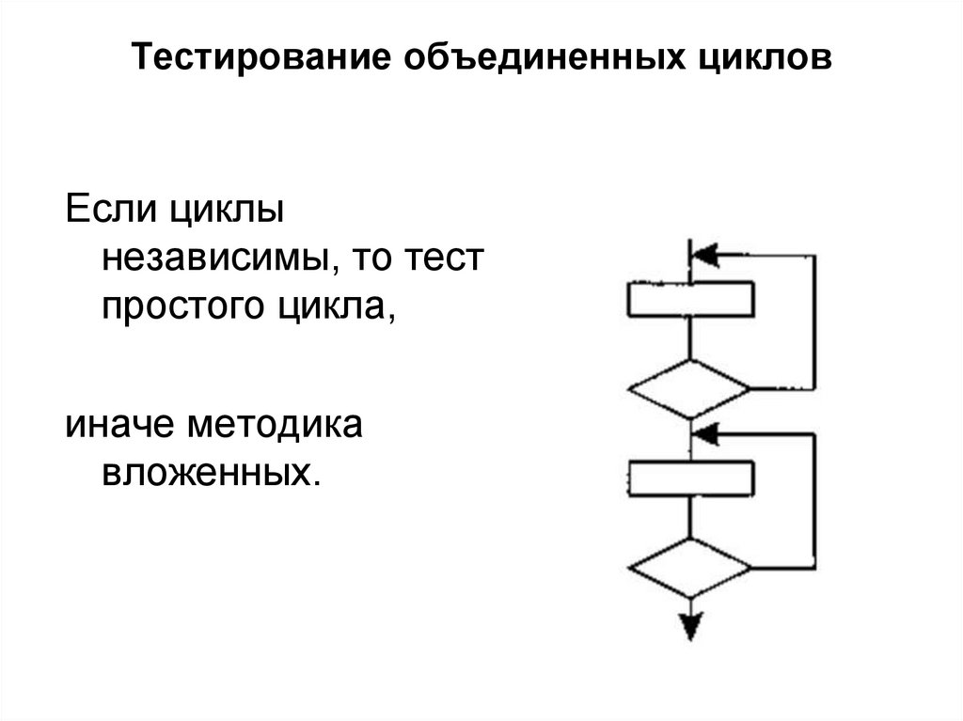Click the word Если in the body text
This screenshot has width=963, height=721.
[110, 209]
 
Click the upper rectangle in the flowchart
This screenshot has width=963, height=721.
[690, 301]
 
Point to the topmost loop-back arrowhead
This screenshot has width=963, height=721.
[704, 255]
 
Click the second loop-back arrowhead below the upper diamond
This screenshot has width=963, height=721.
[704, 433]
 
